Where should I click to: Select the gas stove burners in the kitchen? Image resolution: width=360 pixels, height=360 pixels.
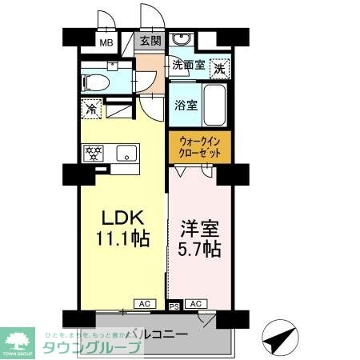[94, 152]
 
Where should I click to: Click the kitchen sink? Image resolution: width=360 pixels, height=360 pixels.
[126, 153]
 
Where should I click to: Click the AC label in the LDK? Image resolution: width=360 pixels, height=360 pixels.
[146, 304]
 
